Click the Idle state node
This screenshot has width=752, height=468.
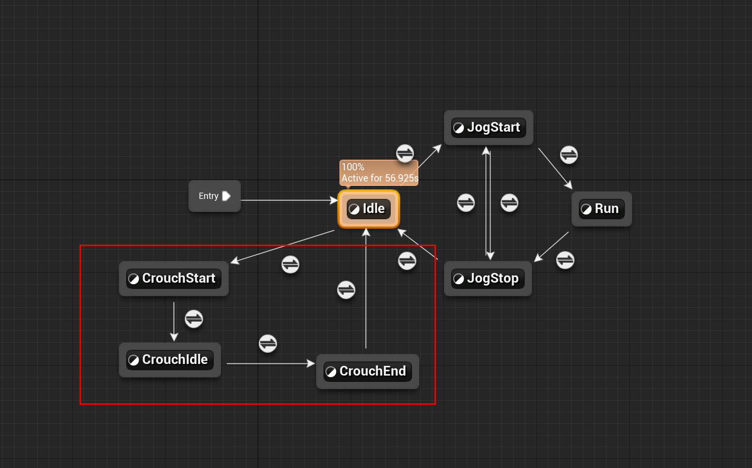point(369,209)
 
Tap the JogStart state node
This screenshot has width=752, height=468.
point(488,128)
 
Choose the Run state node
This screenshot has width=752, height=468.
point(602,209)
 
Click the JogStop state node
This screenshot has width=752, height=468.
point(487,279)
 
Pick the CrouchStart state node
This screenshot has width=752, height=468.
point(174,279)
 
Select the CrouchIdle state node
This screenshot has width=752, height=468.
point(170,360)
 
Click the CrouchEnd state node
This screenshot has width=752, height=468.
point(368,372)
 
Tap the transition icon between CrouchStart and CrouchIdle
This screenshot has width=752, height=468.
point(194,319)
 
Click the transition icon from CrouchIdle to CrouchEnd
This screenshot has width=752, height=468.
point(268,344)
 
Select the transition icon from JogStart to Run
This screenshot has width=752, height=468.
point(569,155)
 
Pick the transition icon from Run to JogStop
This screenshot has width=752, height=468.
point(565,260)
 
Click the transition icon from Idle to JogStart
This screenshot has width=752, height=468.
point(405,153)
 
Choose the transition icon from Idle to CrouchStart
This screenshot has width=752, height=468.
point(290,264)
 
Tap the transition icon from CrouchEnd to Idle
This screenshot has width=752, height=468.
point(346,290)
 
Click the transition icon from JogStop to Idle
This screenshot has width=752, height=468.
point(407,261)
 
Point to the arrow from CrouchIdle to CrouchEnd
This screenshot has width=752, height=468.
point(270,363)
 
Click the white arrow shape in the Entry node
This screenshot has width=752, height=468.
point(226,196)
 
